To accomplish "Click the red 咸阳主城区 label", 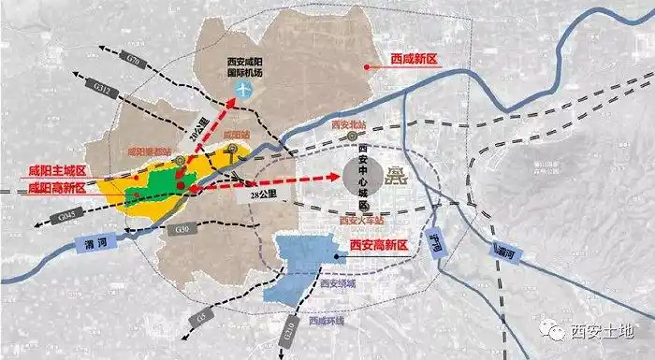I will pos(56,171).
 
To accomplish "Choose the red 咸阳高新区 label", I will pos(56,187).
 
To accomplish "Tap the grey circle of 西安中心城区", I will pos(359,175).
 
